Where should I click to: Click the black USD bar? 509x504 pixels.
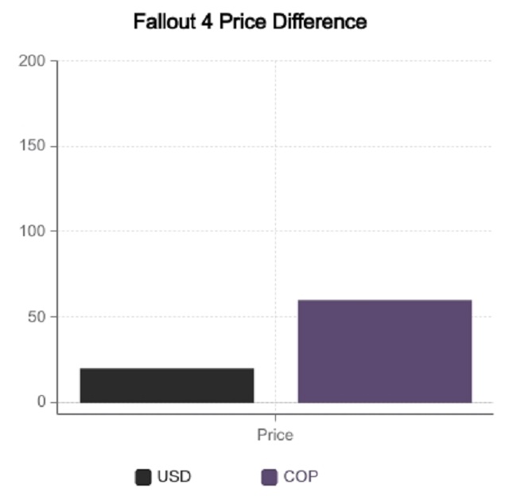(x=167, y=386)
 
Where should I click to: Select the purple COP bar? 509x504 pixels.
(x=385, y=351)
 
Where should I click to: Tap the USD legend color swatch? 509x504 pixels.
(x=143, y=477)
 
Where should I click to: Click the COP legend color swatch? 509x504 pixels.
(x=270, y=477)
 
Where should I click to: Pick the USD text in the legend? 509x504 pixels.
(x=174, y=477)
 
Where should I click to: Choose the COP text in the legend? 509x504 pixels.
(x=301, y=477)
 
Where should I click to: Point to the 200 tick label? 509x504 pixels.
(x=33, y=61)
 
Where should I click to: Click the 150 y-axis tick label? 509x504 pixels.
(x=33, y=146)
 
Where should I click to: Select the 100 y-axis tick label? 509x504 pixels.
(x=33, y=231)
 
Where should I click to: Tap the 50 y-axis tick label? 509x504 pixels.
(x=38, y=316)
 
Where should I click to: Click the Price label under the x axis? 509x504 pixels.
(x=275, y=435)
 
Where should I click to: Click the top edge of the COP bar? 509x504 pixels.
(x=385, y=300)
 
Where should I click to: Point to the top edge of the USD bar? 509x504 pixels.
(x=167, y=369)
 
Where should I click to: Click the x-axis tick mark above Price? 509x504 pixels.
(x=275, y=417)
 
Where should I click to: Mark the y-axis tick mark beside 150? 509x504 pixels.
(x=53, y=146)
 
